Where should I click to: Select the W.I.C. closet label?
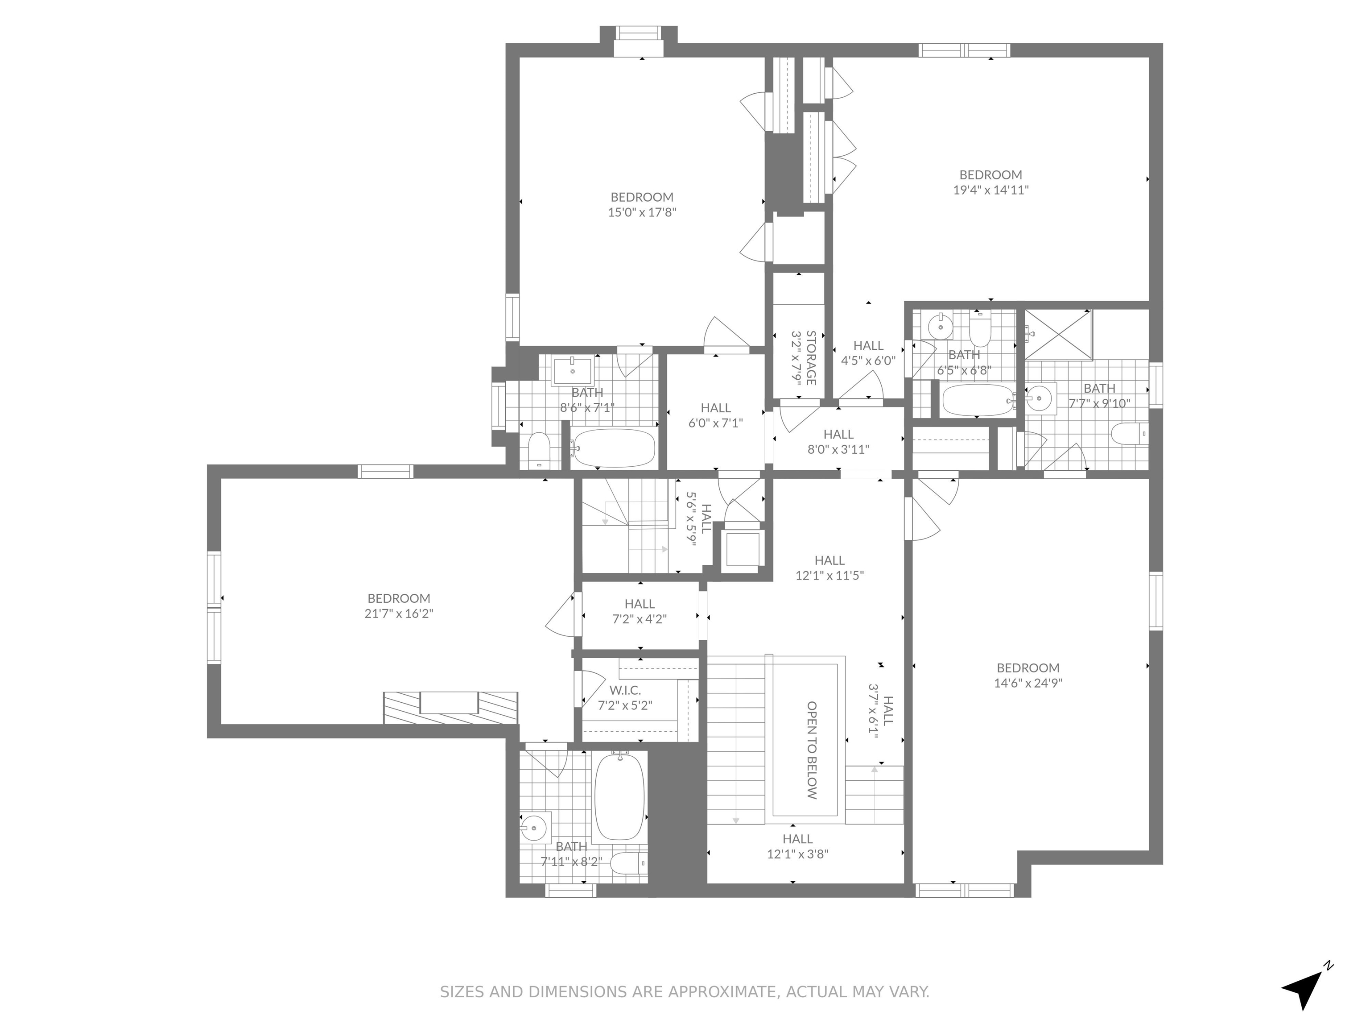(625, 690)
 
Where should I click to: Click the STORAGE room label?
(811, 358)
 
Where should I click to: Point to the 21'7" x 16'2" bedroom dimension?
(398, 613)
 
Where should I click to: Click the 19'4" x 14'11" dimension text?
(990, 190)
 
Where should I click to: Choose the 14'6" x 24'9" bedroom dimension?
(1028, 683)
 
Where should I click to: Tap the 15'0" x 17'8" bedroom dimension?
(642, 212)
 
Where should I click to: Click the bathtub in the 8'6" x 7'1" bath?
(613, 448)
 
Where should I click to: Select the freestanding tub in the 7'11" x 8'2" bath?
(619, 796)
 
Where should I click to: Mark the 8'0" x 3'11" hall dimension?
(838, 449)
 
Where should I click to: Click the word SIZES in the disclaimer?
(462, 992)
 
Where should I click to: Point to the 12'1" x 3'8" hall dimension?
(798, 854)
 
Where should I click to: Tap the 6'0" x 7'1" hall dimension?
(715, 423)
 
